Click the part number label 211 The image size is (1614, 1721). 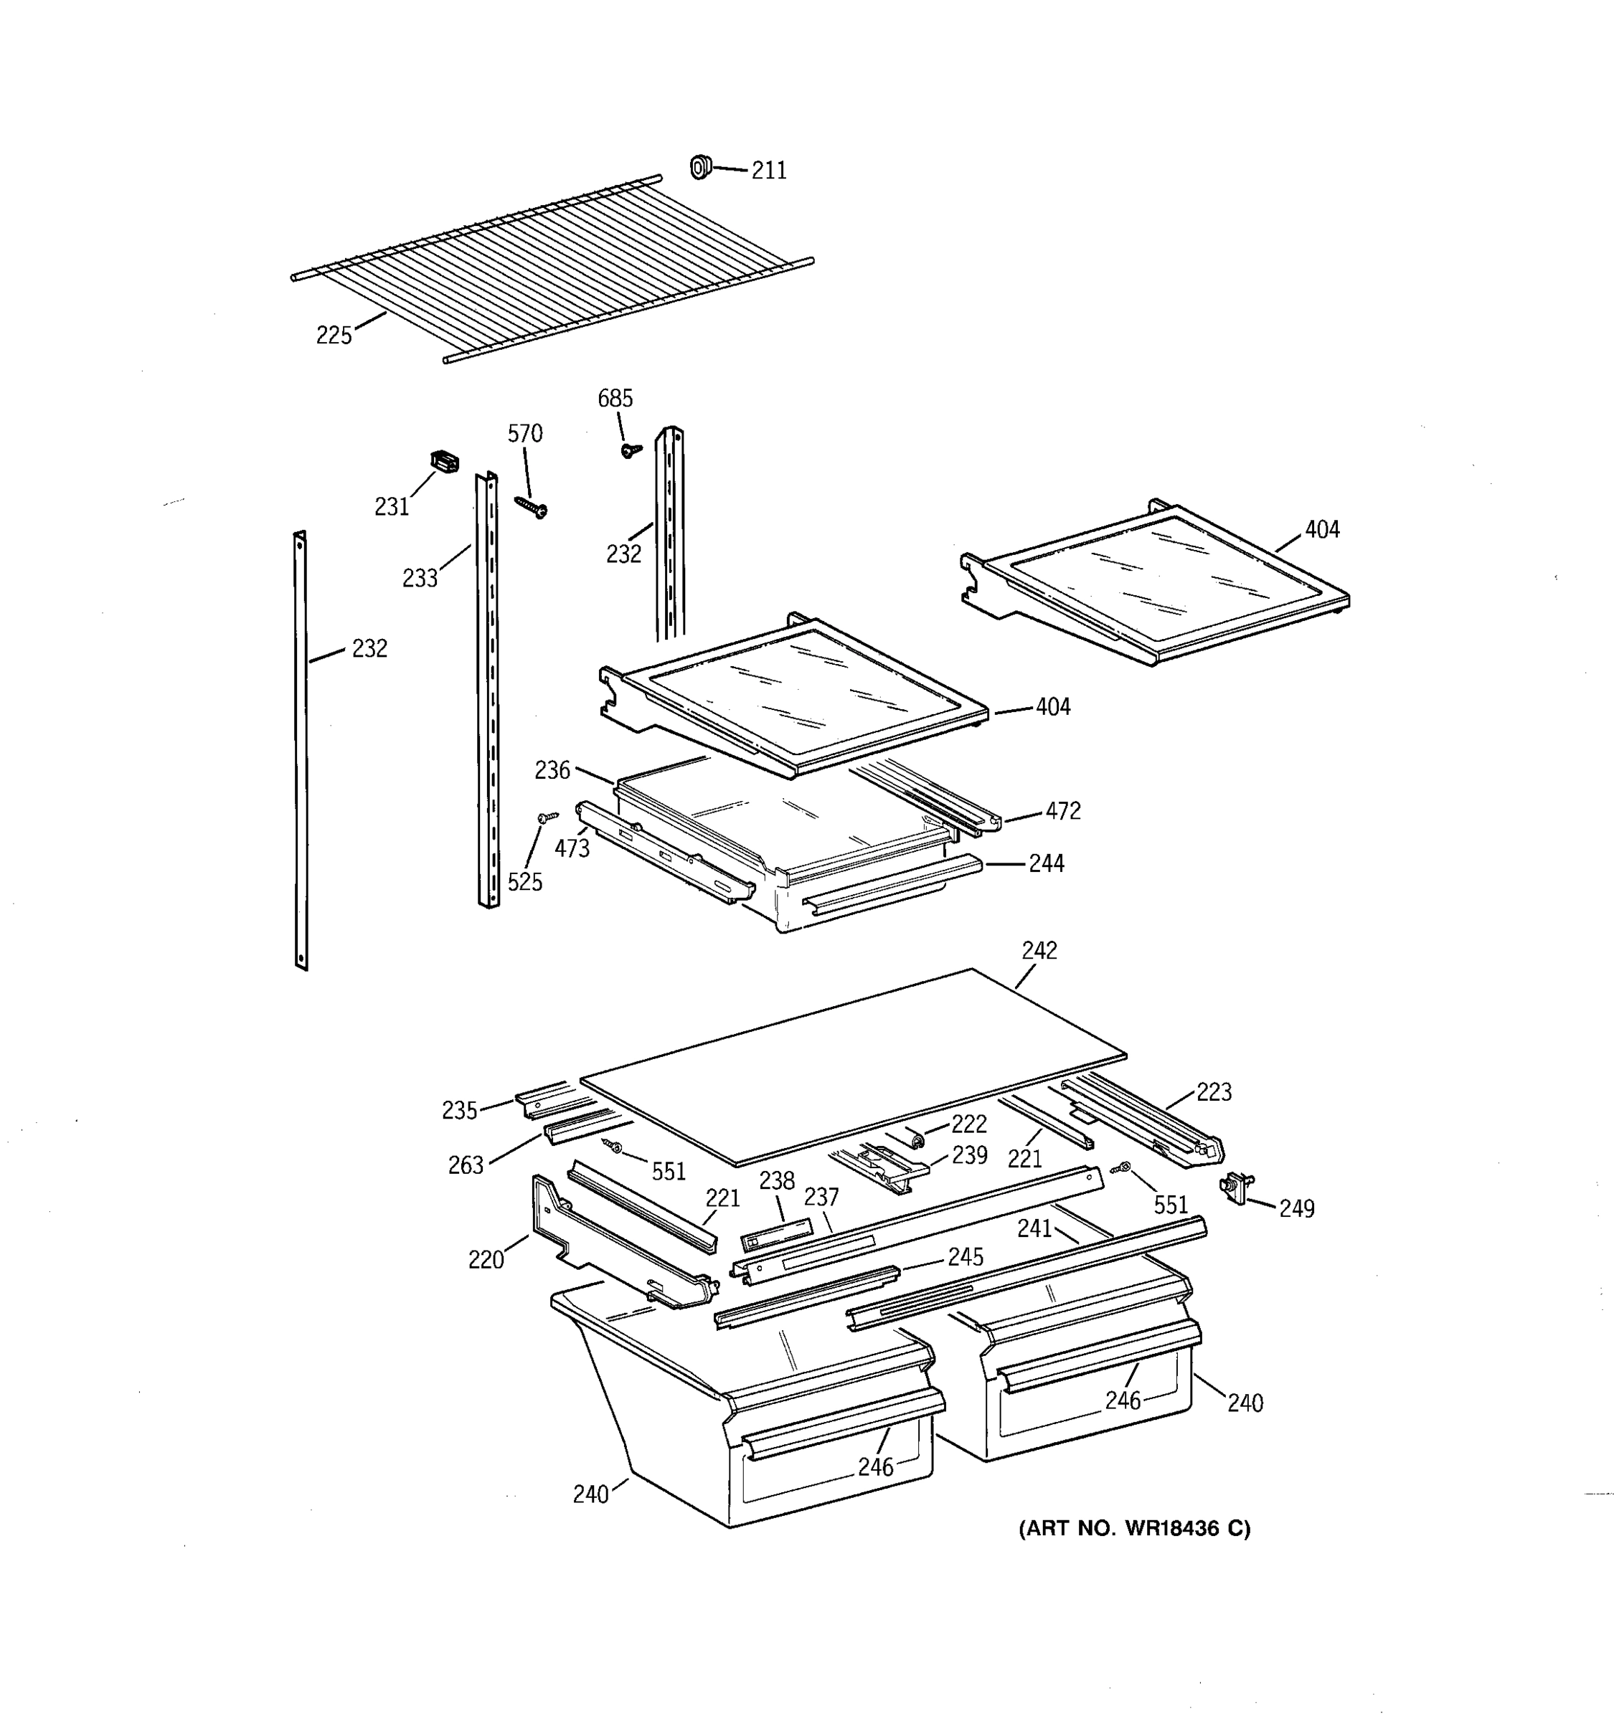point(768,171)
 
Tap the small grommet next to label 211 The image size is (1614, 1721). point(699,166)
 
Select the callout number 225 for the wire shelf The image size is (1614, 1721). point(334,335)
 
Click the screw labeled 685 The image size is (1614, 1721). point(631,450)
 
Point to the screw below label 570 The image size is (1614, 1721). point(529,506)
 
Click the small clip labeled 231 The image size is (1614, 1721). point(444,463)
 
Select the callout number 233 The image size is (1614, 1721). point(420,578)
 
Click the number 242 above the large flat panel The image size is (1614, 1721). point(1039,951)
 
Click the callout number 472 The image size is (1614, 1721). point(1062,811)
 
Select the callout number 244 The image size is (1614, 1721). point(1046,863)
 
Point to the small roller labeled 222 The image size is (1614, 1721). point(912,1137)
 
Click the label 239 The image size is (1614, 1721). point(969,1156)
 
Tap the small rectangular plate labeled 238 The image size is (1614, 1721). point(777,1233)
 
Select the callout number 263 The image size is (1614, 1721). point(465,1165)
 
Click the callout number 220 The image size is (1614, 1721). point(486,1260)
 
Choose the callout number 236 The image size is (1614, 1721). point(552,769)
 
